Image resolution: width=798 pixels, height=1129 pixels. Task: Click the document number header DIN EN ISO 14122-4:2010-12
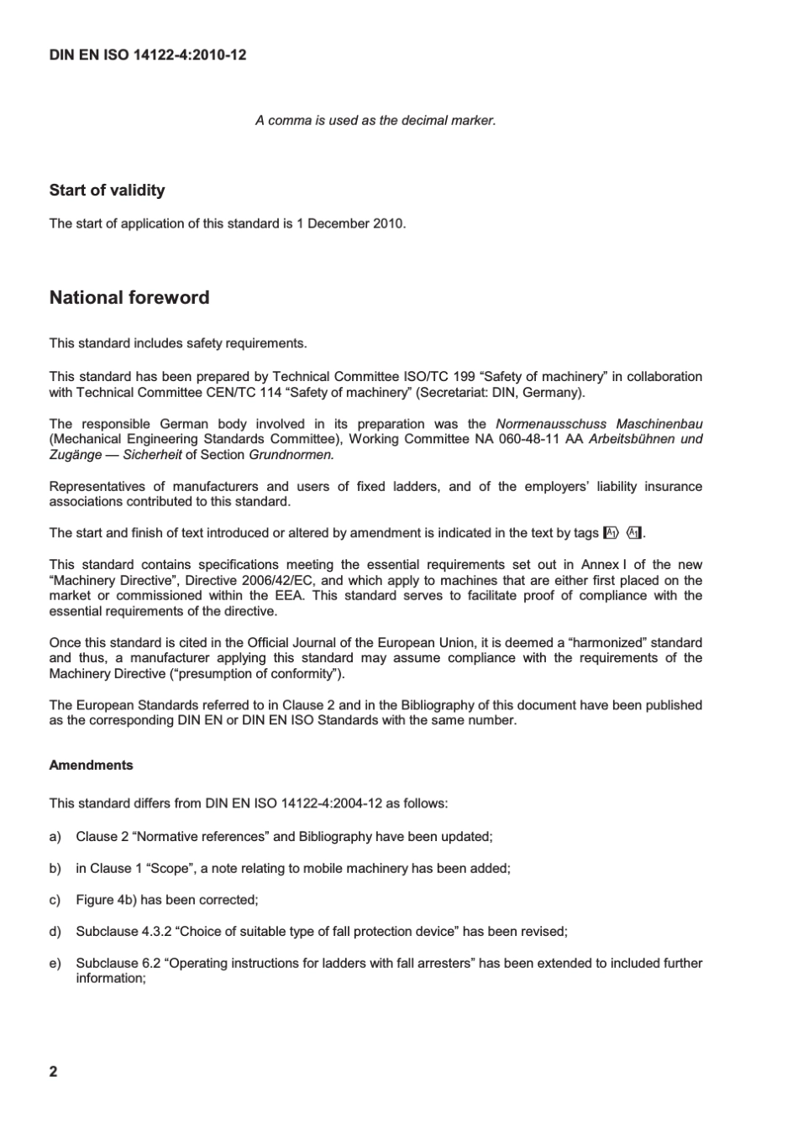pyautogui.click(x=148, y=55)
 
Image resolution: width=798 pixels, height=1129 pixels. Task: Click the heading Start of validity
pyautogui.click(x=107, y=191)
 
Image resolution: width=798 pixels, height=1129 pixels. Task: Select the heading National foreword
pyautogui.click(x=129, y=298)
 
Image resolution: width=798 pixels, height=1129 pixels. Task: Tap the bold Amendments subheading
pyautogui.click(x=91, y=766)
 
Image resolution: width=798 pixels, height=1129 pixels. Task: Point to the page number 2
pyautogui.click(x=54, y=1071)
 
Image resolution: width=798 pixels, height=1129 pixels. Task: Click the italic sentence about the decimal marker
pyautogui.click(x=375, y=121)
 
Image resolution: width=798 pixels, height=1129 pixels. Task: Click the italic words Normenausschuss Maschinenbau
pyautogui.click(x=599, y=424)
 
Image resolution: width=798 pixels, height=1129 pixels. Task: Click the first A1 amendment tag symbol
pyautogui.click(x=611, y=533)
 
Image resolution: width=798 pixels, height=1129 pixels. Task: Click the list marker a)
pyautogui.click(x=55, y=837)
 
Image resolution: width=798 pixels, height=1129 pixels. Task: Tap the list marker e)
pyautogui.click(x=55, y=964)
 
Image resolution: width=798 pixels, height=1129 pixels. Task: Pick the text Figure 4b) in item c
pyautogui.click(x=106, y=900)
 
